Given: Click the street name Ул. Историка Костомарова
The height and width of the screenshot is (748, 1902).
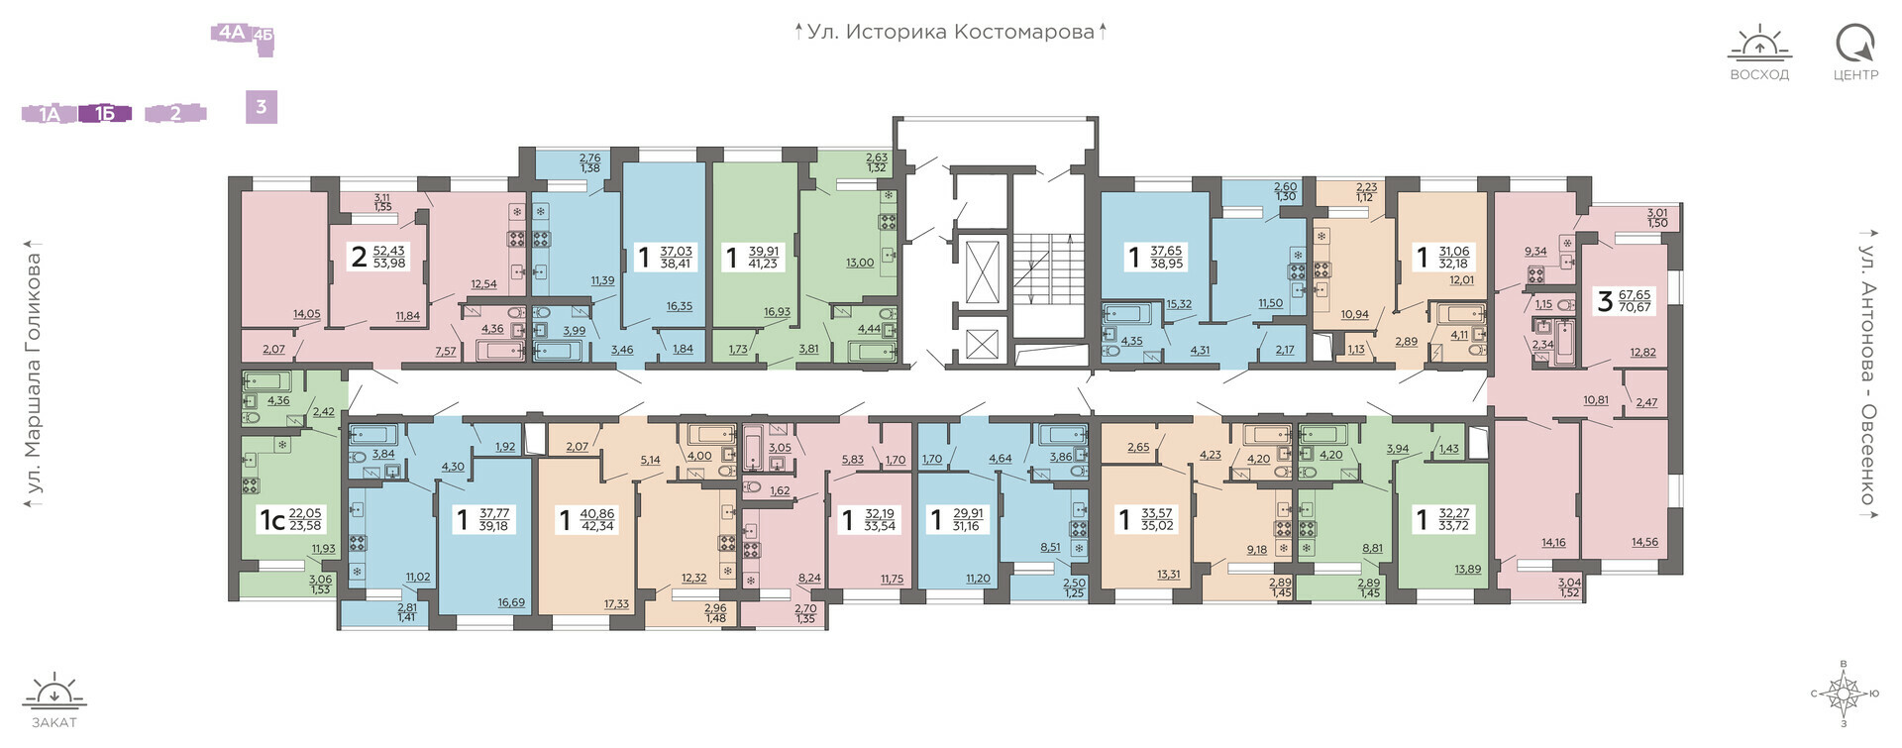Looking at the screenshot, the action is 950,32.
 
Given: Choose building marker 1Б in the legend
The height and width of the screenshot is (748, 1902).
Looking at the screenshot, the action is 105,114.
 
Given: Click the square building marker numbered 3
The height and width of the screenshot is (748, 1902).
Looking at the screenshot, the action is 262,106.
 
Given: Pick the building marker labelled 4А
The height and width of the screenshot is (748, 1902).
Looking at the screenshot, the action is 231,33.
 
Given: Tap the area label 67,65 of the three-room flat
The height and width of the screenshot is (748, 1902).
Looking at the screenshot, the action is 1634,294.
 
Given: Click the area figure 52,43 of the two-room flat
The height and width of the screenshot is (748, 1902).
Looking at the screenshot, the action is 389,251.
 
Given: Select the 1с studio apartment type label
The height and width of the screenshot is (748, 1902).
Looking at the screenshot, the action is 271,519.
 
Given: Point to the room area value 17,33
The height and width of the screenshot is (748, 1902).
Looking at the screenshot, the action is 616,604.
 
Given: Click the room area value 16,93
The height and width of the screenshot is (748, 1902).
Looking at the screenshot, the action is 777,312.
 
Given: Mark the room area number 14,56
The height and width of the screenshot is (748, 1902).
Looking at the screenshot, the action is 1644,542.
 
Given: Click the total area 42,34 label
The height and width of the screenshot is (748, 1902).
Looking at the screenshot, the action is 598,526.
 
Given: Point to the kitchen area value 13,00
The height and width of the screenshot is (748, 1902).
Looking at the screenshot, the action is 860,263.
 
